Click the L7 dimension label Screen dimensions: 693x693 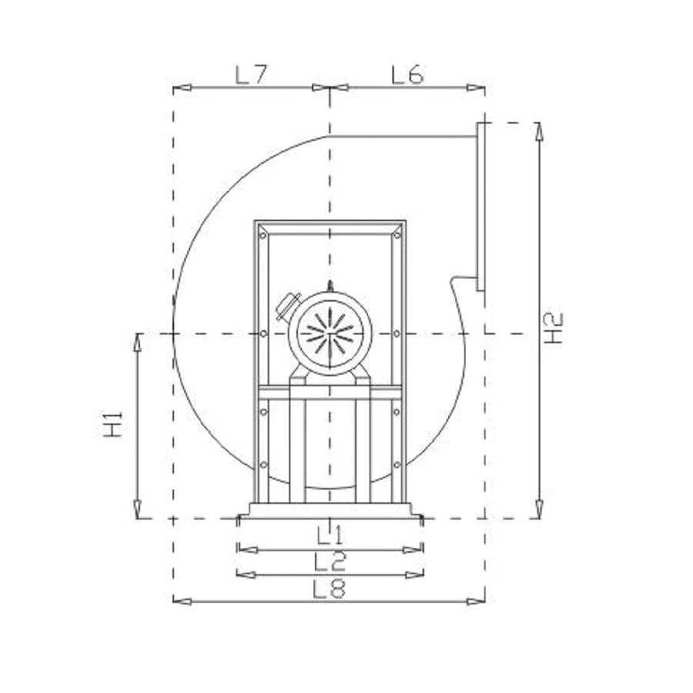pyautogui.click(x=251, y=75)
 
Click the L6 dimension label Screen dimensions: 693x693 pyautogui.click(x=407, y=75)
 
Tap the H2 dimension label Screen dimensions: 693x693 pyautogui.click(x=553, y=327)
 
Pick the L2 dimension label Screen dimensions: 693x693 pyautogui.click(x=330, y=561)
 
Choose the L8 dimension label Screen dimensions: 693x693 pyautogui.click(x=330, y=589)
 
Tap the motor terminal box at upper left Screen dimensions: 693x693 pyautogui.click(x=288, y=306)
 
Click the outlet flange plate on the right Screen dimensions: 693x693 pyautogui.click(x=480, y=206)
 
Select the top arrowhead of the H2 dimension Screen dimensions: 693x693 pyautogui.click(x=539, y=131)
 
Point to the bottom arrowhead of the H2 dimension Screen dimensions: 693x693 pyautogui.click(x=539, y=509)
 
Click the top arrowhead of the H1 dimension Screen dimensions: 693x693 pyautogui.click(x=138, y=342)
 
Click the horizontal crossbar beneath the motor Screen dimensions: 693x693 pyautogui.click(x=330, y=393)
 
